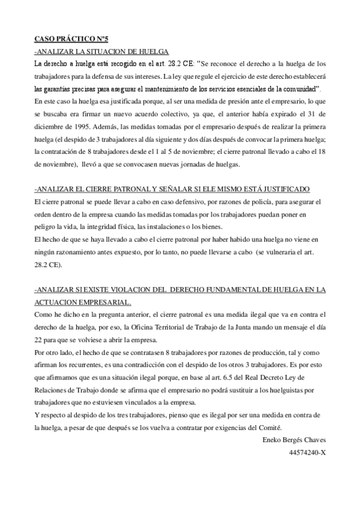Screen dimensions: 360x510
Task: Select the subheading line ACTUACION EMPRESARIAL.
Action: (x=82, y=302)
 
